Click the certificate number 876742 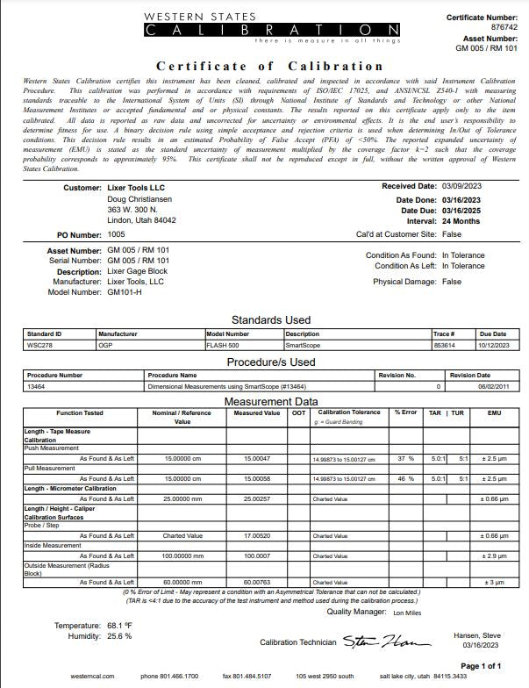(501, 28)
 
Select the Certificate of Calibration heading (269, 66)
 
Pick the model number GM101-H (125, 291)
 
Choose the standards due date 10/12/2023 (493, 345)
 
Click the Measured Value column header (257, 412)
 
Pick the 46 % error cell (404, 479)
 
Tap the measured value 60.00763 (257, 582)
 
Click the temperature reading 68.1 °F (123, 625)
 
